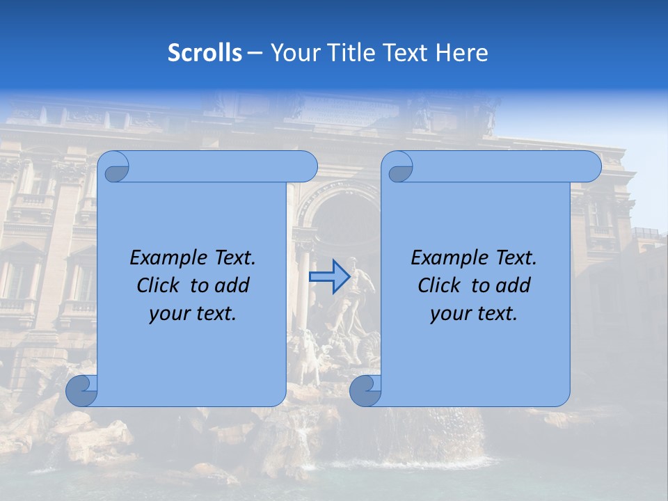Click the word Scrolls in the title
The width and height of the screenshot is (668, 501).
tap(205, 53)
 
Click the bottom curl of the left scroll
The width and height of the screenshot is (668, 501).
tap(82, 391)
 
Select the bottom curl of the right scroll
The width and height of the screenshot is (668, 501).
tap(366, 391)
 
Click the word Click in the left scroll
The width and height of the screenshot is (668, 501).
tap(157, 285)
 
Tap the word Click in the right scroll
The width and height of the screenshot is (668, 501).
tap(438, 285)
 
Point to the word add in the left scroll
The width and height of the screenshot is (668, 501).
tap(233, 285)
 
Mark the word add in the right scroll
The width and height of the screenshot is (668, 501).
tap(514, 285)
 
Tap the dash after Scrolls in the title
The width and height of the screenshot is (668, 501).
tap(255, 53)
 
